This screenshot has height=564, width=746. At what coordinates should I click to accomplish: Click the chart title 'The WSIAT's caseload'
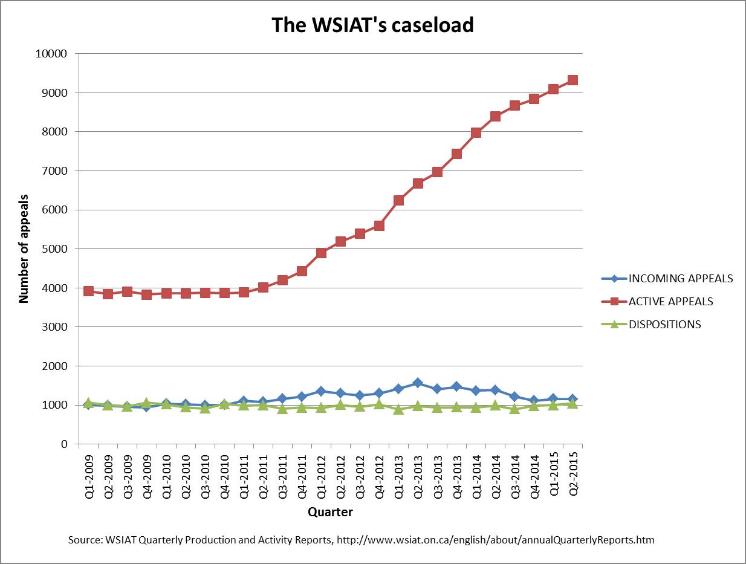tap(372, 25)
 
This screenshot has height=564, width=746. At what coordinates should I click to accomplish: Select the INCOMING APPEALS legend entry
tap(681, 279)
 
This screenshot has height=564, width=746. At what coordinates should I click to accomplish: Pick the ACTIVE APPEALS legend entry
tap(671, 301)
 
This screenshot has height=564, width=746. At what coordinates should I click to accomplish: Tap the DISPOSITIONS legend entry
tap(665, 324)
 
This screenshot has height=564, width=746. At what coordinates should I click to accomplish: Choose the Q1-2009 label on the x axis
tap(88, 475)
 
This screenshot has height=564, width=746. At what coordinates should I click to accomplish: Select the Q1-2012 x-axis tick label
tap(321, 475)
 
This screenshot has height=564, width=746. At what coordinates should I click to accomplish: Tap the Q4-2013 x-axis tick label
tap(456, 475)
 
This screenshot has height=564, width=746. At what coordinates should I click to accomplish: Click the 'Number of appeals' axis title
tap(24, 248)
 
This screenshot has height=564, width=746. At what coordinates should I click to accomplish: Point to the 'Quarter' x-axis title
tap(330, 512)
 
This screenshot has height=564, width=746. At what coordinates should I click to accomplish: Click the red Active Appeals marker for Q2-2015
tap(572, 80)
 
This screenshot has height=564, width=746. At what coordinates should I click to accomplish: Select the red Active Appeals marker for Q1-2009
tap(88, 291)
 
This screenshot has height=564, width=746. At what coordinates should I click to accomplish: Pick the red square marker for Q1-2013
tap(398, 200)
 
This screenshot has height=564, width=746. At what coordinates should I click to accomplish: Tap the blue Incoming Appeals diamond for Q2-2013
tap(418, 383)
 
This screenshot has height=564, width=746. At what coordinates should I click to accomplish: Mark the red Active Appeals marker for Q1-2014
tap(476, 132)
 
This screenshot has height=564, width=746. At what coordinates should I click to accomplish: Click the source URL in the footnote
tap(495, 540)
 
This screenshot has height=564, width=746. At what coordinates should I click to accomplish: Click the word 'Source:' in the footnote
tap(88, 540)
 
